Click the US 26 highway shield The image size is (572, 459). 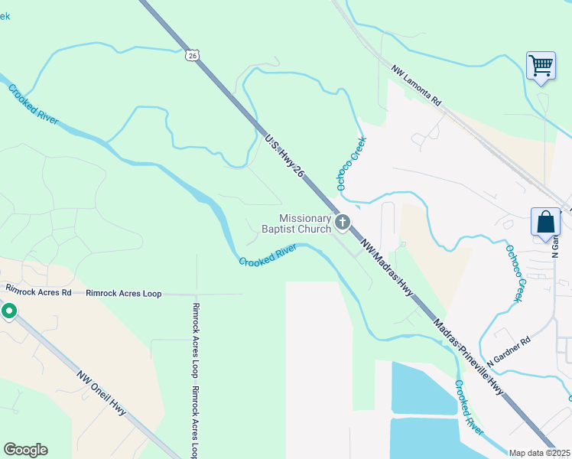pos(191,55)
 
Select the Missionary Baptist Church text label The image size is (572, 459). pos(296,223)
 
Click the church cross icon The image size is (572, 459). pos(343,223)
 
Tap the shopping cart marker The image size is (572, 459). pos(541,66)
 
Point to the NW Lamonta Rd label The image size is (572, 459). pos(417,86)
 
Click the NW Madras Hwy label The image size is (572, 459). pos(388,270)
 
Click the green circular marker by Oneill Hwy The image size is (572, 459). pos(9,311)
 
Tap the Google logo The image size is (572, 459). pos(25,450)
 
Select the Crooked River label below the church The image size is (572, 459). pos(267,256)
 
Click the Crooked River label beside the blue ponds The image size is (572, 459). pos(468,409)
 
